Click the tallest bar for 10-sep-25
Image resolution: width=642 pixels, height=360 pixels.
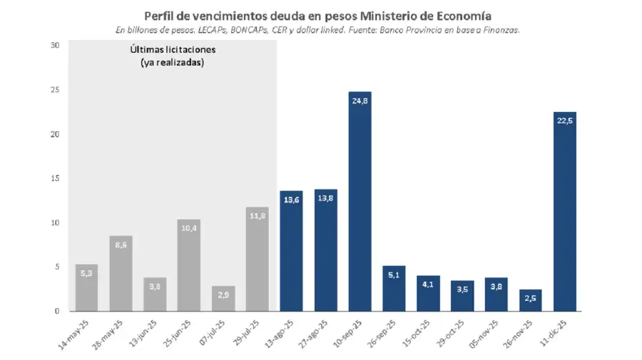(360, 207)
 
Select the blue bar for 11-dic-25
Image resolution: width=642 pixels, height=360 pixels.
(564, 214)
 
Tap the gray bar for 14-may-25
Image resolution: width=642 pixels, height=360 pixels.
(86, 288)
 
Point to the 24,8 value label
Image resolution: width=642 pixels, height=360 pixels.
(360, 101)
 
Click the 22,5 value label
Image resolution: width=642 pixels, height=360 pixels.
(564, 120)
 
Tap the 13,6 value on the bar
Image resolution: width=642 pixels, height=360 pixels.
(291, 200)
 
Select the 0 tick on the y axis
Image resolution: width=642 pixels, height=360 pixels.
(56, 312)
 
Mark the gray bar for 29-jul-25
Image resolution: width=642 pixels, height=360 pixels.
(257, 259)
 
